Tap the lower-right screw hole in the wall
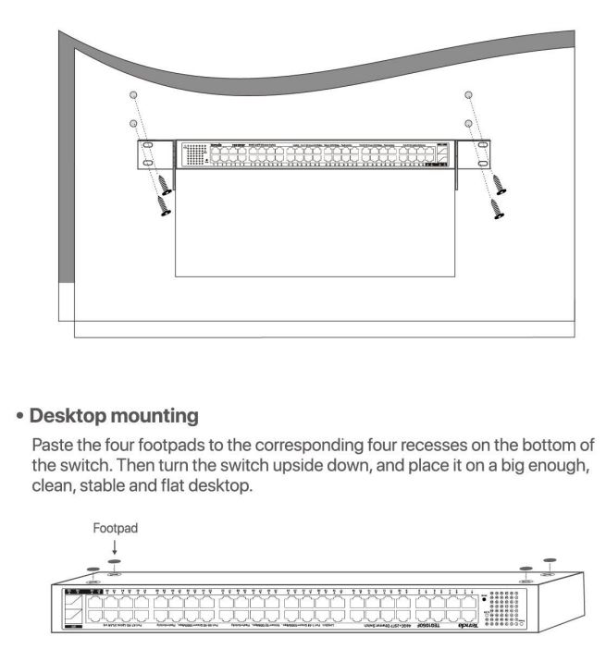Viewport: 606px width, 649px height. coord(469,124)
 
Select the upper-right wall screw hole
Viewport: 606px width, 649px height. coord(469,96)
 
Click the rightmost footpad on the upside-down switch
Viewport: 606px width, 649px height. coord(551,562)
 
